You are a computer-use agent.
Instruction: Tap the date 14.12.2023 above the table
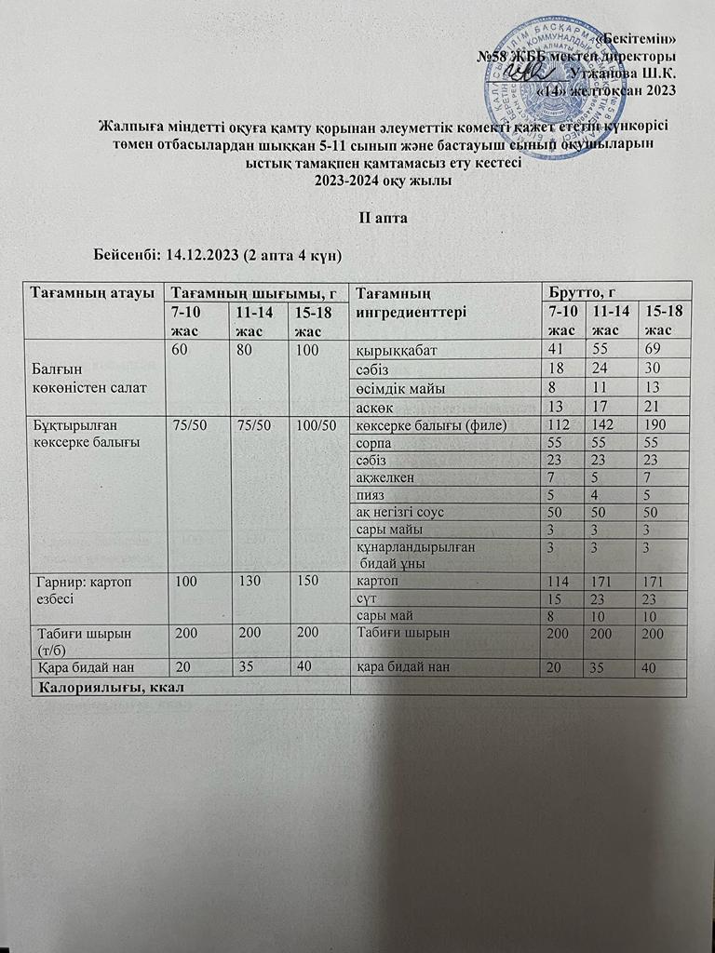coord(204,254)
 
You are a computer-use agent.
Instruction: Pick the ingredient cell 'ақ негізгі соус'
coord(409,512)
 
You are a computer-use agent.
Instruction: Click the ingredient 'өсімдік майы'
coord(401,386)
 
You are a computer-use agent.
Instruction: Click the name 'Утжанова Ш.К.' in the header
coord(627,73)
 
